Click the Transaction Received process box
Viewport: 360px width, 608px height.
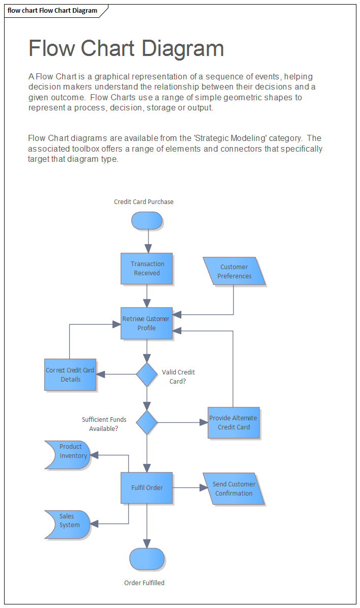[147, 269]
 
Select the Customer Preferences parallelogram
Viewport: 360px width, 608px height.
[234, 272]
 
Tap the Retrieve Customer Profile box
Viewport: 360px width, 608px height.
[147, 323]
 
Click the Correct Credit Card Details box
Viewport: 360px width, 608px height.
[70, 375]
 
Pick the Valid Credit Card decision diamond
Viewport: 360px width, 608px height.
[147, 374]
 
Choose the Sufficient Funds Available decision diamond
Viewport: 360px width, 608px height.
[147, 422]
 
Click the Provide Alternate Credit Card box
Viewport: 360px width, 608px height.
[234, 423]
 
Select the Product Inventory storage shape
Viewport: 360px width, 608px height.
[68, 455]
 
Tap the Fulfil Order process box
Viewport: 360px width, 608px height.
[147, 488]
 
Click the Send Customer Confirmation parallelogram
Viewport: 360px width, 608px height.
[234, 489]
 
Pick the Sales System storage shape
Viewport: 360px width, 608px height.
[68, 524]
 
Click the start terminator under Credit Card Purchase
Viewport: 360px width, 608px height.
[147, 221]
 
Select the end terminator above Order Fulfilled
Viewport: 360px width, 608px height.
[147, 559]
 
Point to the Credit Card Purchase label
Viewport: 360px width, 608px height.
[144, 202]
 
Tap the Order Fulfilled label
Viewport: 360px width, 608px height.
[144, 583]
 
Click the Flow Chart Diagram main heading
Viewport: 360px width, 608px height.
[126, 48]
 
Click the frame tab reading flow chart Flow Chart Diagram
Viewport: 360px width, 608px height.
[53, 11]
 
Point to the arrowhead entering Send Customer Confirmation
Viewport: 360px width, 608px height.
[204, 488]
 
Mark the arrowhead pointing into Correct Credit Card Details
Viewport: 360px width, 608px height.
[101, 374]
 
